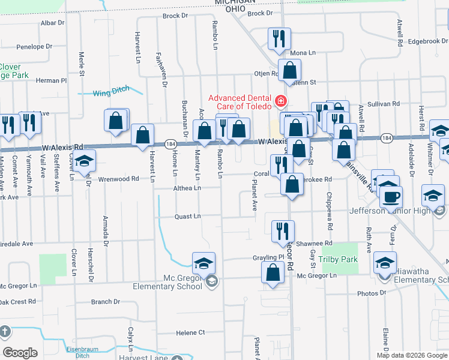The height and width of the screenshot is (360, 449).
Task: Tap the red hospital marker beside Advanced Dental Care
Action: (x=280, y=100)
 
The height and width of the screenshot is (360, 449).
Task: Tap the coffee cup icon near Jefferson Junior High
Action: (x=391, y=196)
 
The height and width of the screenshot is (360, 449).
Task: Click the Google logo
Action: (x=20, y=353)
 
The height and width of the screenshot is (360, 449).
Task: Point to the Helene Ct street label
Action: (x=190, y=332)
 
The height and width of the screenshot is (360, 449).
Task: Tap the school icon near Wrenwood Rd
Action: (x=85, y=161)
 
